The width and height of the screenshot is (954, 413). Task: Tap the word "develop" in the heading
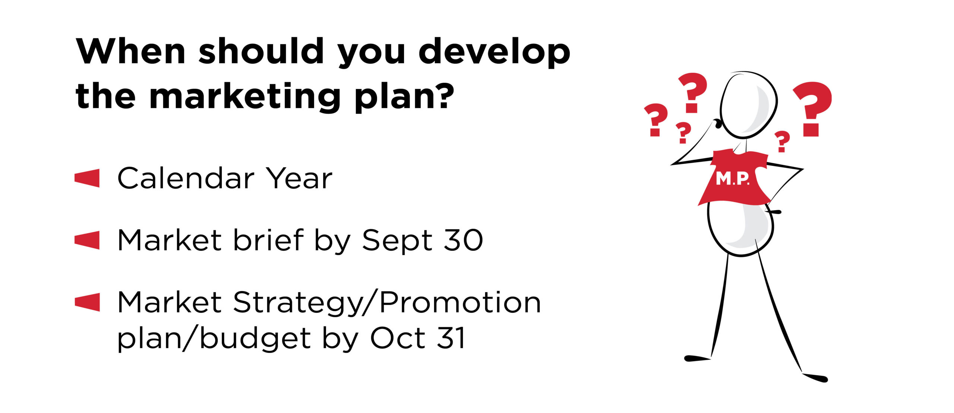(x=495, y=53)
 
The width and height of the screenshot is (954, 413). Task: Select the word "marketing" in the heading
(x=245, y=97)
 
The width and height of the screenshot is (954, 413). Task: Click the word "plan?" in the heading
(x=404, y=97)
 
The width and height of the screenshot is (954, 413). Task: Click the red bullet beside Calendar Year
(x=87, y=178)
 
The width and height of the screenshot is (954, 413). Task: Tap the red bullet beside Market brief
(x=87, y=240)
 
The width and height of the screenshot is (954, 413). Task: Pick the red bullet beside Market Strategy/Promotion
(x=87, y=302)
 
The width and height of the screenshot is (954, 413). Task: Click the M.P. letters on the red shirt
(x=732, y=179)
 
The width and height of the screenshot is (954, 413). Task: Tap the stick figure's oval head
(x=749, y=105)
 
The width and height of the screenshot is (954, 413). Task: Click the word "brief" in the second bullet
(x=268, y=240)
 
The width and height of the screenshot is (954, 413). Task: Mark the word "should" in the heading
(x=261, y=51)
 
